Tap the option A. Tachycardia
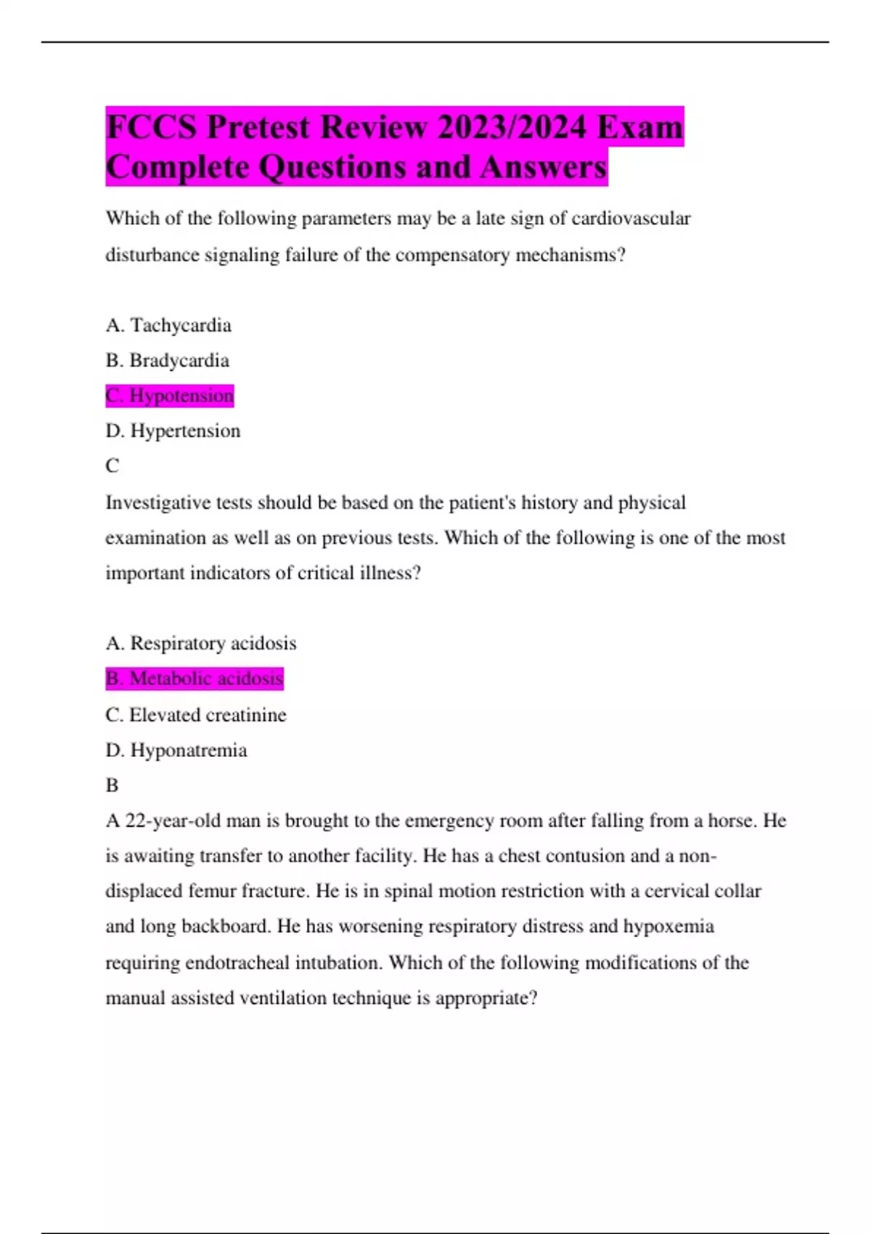pyautogui.click(x=168, y=325)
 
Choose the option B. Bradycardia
pyautogui.click(x=167, y=361)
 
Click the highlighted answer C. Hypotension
pyautogui.click(x=170, y=396)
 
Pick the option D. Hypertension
pyautogui.click(x=173, y=431)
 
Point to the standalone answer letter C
pyautogui.click(x=113, y=466)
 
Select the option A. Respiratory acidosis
pyautogui.click(x=201, y=643)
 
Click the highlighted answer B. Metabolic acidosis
pyautogui.click(x=195, y=679)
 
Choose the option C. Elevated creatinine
pyautogui.click(x=196, y=715)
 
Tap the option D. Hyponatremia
pyautogui.click(x=176, y=750)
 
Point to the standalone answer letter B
pyautogui.click(x=112, y=785)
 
